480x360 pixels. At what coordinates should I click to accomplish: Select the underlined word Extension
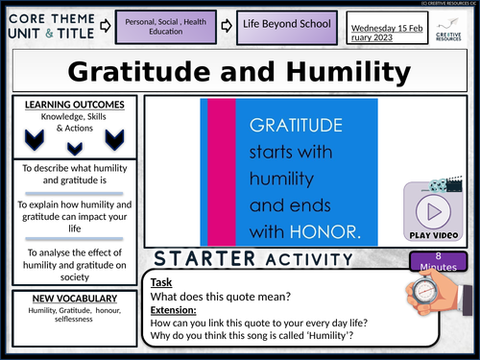(x=171, y=309)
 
